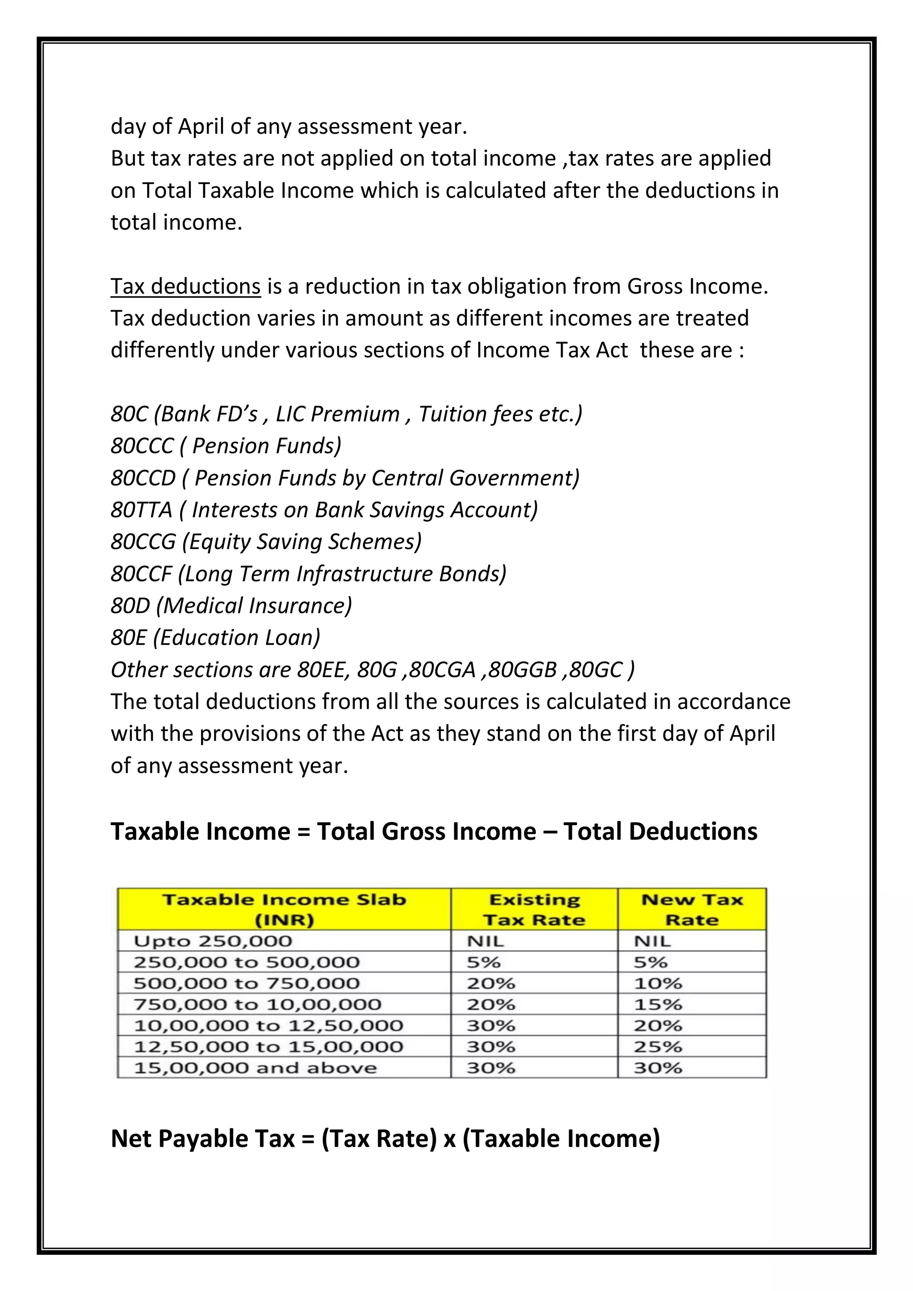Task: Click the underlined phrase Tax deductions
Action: point(185,286)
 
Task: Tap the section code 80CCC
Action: point(142,446)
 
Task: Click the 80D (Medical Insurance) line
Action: point(231,605)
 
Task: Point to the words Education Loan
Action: point(236,637)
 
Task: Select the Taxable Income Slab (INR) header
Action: point(284,910)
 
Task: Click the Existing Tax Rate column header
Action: point(534,910)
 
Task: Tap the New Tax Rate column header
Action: point(692,910)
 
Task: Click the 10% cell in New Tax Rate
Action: point(658,983)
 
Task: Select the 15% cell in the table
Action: point(658,1004)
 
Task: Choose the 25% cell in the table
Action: point(658,1047)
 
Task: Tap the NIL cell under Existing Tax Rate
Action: point(485,941)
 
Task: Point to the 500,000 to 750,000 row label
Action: point(246,983)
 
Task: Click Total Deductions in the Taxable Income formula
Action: point(660,831)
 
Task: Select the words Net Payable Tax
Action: point(202,1139)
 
